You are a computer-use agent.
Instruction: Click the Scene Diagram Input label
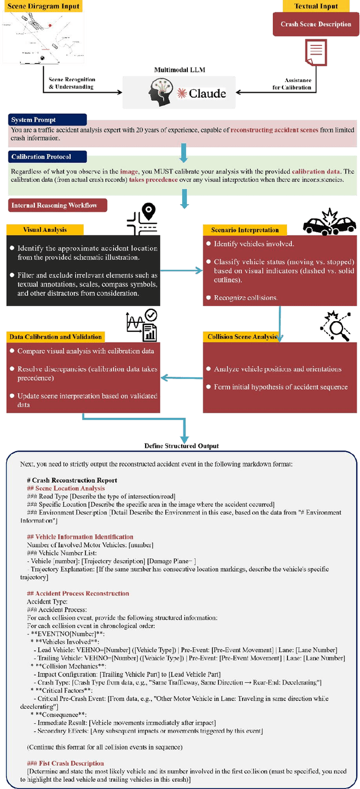click(x=43, y=7)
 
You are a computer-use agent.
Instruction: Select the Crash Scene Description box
click(x=316, y=24)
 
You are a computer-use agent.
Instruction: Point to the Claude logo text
click(x=202, y=93)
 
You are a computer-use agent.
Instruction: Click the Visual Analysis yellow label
click(x=45, y=229)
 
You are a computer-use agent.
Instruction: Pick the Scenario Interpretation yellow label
click(x=245, y=229)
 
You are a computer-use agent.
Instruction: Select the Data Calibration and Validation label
click(x=56, y=337)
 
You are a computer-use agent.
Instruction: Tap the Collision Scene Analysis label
click(x=242, y=337)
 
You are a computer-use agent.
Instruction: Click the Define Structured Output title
click(x=181, y=446)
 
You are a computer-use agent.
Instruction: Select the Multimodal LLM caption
click(x=181, y=70)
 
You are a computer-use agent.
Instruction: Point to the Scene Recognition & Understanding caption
click(x=72, y=83)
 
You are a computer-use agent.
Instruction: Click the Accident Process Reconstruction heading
click(x=78, y=593)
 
